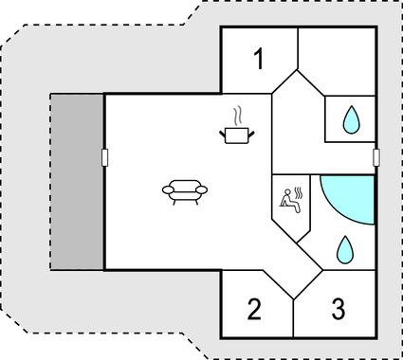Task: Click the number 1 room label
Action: click(259, 59)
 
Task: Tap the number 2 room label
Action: click(253, 309)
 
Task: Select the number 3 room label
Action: click(339, 309)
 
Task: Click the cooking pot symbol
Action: click(236, 135)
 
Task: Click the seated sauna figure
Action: click(286, 199)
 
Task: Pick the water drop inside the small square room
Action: click(351, 119)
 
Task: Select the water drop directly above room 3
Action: click(343, 250)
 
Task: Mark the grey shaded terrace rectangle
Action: click(77, 180)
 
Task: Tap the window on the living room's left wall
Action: click(104, 157)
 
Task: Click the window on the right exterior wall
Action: click(376, 157)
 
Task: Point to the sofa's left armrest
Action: click(167, 190)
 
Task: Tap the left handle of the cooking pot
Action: click(224, 133)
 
